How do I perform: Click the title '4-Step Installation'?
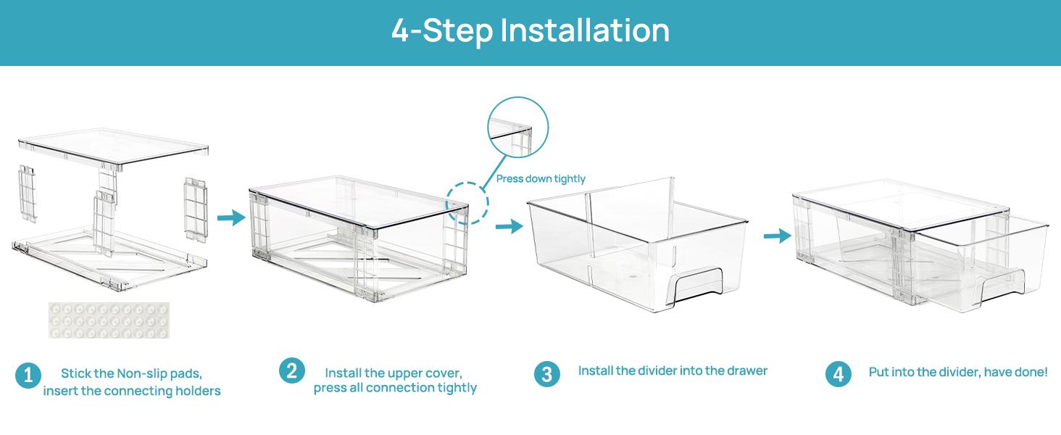(x=530, y=31)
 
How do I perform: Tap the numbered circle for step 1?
(x=28, y=376)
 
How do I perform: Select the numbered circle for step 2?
(x=291, y=371)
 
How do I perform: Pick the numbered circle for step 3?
(x=547, y=374)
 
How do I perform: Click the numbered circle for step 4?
(x=838, y=375)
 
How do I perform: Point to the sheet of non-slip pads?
(x=109, y=320)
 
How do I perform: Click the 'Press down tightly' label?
(x=541, y=178)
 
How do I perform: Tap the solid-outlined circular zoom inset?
(x=517, y=128)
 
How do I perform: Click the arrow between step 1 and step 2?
(x=231, y=217)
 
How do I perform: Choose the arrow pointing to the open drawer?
(x=509, y=227)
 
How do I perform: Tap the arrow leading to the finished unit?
(x=777, y=236)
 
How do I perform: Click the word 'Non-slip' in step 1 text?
(x=141, y=374)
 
